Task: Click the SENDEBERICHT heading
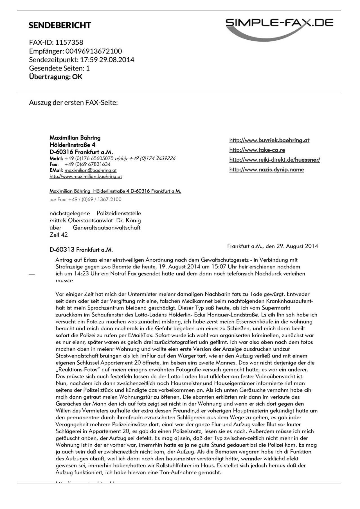pyautogui.click(x=60, y=25)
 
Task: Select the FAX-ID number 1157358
pyautogui.click(x=69, y=42)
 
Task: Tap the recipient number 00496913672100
pyautogui.click(x=94, y=51)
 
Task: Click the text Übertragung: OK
pyautogui.click(x=56, y=77)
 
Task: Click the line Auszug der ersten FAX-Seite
pyautogui.click(x=73, y=102)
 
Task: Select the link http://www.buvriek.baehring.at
pyautogui.click(x=269, y=140)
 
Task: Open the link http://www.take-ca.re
pyautogui.click(x=257, y=150)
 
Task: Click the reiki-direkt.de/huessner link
pyautogui.click(x=274, y=160)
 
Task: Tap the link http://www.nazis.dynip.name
pyautogui.click(x=266, y=169)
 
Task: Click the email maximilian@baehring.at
pyautogui.click(x=90, y=170)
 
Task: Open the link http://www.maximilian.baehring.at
pyautogui.click(x=85, y=177)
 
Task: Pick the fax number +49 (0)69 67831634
pyautogui.click(x=87, y=164)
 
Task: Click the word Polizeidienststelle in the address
pyautogui.click(x=119, y=213)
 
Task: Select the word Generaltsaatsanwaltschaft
pyautogui.click(x=106, y=228)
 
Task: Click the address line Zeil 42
pyautogui.click(x=58, y=235)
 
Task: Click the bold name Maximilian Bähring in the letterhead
pyautogui.click(x=75, y=138)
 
